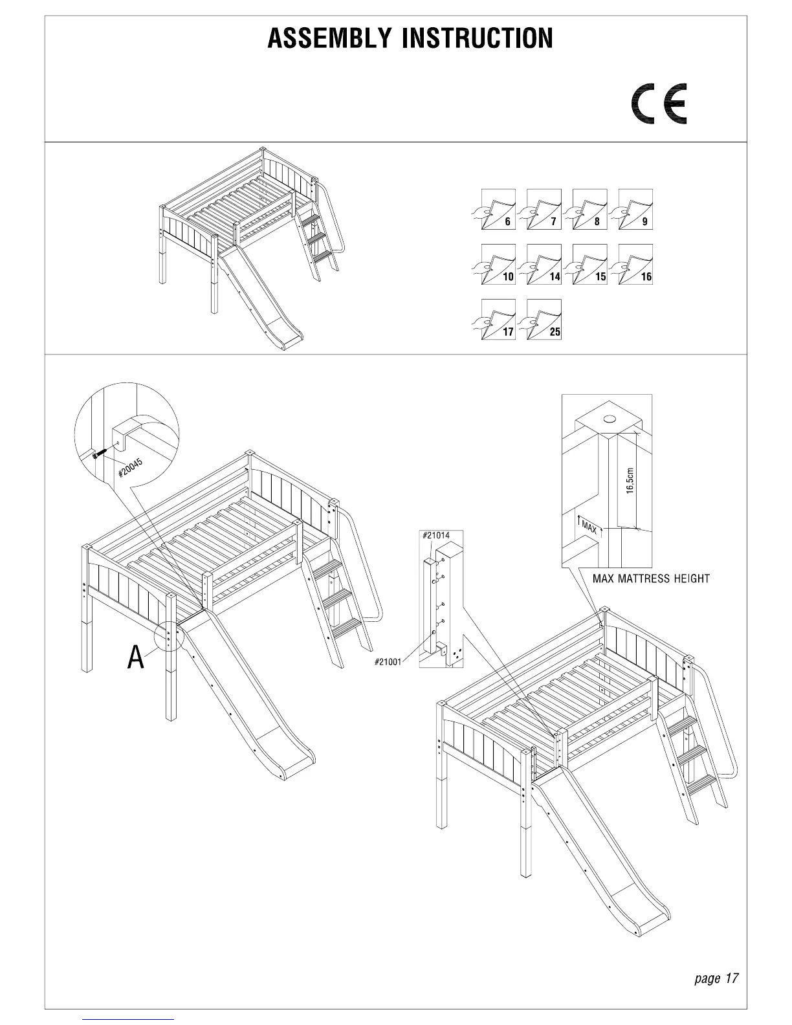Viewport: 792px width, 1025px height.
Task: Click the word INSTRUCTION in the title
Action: pos(478,39)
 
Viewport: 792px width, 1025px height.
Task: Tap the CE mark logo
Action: pos(659,104)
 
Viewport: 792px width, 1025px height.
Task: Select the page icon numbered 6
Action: pos(498,209)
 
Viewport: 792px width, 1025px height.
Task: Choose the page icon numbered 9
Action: pos(635,209)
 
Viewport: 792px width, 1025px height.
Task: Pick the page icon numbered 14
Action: pos(544,264)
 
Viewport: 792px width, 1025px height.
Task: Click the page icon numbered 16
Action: pos(635,264)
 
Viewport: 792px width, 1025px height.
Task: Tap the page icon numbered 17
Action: pos(498,319)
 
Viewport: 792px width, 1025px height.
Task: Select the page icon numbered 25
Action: pos(544,319)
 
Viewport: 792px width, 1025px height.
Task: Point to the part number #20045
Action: pos(130,468)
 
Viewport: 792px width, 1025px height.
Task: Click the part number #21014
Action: pos(435,535)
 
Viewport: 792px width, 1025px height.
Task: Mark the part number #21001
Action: pos(388,662)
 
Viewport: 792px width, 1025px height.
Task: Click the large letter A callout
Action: pos(135,657)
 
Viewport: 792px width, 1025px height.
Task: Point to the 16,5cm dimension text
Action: pos(630,481)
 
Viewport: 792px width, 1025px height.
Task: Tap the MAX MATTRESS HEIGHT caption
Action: pos(651,579)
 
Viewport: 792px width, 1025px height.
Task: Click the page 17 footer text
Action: pos(716,978)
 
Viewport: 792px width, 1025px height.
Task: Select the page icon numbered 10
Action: pos(498,264)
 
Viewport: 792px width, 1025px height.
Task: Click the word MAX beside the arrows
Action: pos(589,526)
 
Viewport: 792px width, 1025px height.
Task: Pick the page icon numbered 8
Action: pos(589,209)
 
